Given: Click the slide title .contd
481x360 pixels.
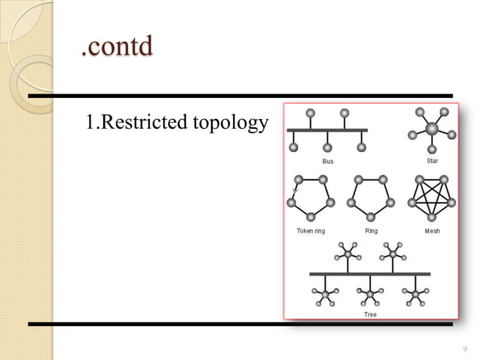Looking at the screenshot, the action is [x=116, y=47].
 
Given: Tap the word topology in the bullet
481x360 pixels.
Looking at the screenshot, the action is [x=231, y=122].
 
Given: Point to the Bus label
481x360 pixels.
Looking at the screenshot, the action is [x=327, y=161].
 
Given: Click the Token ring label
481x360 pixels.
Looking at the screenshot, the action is [x=311, y=230].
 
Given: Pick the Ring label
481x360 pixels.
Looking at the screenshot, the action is [x=371, y=230].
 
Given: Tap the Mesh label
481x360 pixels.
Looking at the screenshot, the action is [x=432, y=230].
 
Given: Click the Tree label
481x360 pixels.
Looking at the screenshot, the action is [x=370, y=314].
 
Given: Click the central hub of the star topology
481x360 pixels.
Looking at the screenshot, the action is [x=431, y=129].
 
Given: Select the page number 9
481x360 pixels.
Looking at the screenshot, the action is [x=464, y=348].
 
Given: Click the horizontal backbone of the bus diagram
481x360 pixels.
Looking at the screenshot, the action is [x=327, y=130].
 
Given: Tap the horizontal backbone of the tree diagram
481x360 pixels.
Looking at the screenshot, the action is [x=370, y=273].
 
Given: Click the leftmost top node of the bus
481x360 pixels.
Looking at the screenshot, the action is [x=309, y=114].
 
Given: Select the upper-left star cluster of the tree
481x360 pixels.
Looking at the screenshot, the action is [x=347, y=252].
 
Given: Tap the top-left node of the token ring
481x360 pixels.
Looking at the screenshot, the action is [x=299, y=179].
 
